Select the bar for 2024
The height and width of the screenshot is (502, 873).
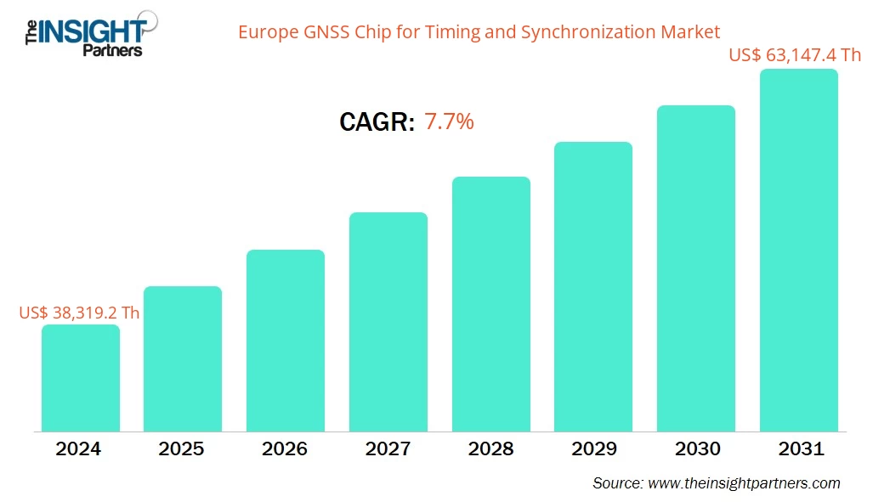point(81,378)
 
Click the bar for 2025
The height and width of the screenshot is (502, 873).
point(183,358)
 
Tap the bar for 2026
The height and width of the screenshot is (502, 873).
point(286,341)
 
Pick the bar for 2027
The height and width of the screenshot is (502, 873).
point(388,322)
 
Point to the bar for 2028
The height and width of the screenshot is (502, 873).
point(490,304)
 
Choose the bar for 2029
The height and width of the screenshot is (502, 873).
point(593,286)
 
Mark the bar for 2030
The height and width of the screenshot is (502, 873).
point(696,268)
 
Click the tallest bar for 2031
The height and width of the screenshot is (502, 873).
point(798,251)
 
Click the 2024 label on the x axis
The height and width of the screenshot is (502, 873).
point(80,448)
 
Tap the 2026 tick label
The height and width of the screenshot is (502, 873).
point(286,448)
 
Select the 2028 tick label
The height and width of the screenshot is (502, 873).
point(490,448)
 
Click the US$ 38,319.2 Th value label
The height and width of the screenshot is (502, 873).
point(79,313)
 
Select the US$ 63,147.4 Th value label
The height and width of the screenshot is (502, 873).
point(795,55)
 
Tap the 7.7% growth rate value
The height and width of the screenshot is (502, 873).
point(449,122)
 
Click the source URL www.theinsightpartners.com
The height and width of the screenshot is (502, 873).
point(743,483)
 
